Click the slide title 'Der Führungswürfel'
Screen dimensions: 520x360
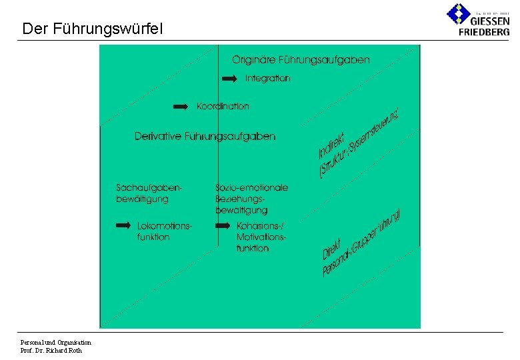(x=92, y=29)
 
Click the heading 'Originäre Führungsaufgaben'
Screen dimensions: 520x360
(x=301, y=60)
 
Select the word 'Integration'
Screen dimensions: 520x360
(x=267, y=78)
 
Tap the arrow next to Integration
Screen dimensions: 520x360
(x=229, y=79)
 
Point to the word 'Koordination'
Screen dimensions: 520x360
(x=223, y=106)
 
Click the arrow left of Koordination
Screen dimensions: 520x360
(x=181, y=107)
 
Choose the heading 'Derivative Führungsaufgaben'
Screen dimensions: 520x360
(x=205, y=136)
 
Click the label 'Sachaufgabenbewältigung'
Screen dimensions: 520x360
(x=148, y=193)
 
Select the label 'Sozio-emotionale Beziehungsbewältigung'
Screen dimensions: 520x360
(x=251, y=199)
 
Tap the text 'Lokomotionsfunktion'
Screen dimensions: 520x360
(x=164, y=231)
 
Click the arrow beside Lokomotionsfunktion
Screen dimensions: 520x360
(x=123, y=226)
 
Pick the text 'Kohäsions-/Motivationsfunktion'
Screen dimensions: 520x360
(x=261, y=237)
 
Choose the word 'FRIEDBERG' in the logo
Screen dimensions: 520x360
(x=484, y=31)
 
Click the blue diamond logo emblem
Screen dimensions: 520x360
(x=458, y=14)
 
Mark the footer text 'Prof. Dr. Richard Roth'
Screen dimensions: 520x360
(x=51, y=351)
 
